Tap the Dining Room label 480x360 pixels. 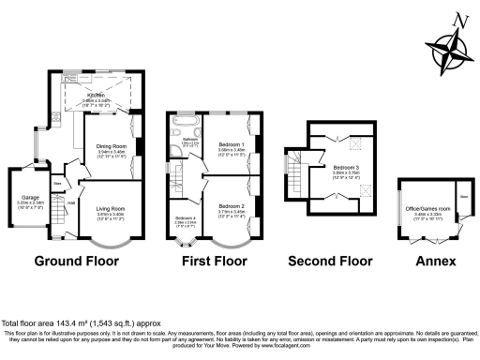tap(112, 147)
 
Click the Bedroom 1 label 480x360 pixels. tap(231, 146)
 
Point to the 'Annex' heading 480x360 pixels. tap(437, 261)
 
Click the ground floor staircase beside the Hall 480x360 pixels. tap(58, 214)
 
